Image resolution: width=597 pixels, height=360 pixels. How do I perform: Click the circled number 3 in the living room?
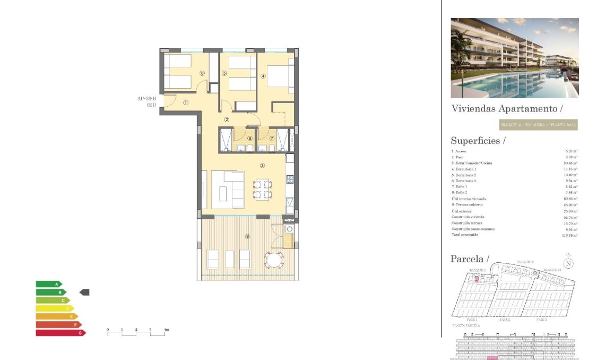[x=262, y=165]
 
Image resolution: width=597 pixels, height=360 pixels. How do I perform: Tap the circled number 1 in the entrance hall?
[x=186, y=102]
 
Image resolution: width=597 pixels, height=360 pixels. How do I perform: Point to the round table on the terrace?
[x=274, y=260]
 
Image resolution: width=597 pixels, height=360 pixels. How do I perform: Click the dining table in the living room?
[x=262, y=189]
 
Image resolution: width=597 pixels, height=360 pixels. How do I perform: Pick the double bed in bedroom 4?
[x=278, y=75]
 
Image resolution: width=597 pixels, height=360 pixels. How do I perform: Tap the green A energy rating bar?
[x=48, y=284]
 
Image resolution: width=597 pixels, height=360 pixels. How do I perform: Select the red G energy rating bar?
[x=60, y=333]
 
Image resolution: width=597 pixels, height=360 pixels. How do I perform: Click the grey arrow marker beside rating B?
[x=84, y=292]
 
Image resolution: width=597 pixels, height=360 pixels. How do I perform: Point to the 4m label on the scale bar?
[x=166, y=330]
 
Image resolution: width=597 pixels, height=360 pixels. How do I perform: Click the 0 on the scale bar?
[x=108, y=330]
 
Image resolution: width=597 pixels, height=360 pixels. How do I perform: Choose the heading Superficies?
[x=478, y=141]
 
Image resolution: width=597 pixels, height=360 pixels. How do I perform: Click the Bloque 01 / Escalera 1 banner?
[x=538, y=125]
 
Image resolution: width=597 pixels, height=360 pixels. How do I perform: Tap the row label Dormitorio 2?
[x=464, y=175]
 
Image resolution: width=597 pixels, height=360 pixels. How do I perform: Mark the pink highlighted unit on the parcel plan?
[x=476, y=278]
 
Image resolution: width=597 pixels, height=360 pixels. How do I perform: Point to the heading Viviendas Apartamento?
[x=506, y=109]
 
